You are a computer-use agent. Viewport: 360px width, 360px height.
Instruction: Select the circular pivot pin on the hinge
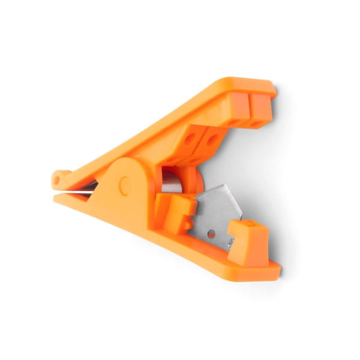125,185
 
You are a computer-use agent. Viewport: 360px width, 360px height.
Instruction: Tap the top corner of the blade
224,185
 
